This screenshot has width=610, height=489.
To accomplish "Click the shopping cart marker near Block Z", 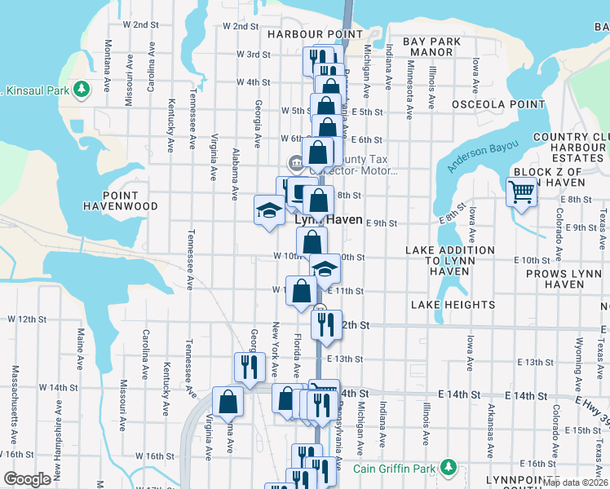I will tap(521, 192).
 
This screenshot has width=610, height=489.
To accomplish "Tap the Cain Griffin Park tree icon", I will tap(448, 468).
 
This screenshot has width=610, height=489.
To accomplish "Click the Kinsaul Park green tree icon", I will tap(82, 89).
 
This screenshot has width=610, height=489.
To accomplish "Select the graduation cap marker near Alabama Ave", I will tap(268, 211).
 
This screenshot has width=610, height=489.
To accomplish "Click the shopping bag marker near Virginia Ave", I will tap(228, 401).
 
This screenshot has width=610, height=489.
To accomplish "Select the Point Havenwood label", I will tap(120, 200).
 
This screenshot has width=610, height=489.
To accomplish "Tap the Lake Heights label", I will tap(453, 305).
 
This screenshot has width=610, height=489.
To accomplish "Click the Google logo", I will tap(27, 479).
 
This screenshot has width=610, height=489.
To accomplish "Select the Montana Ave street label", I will tap(108, 75).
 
